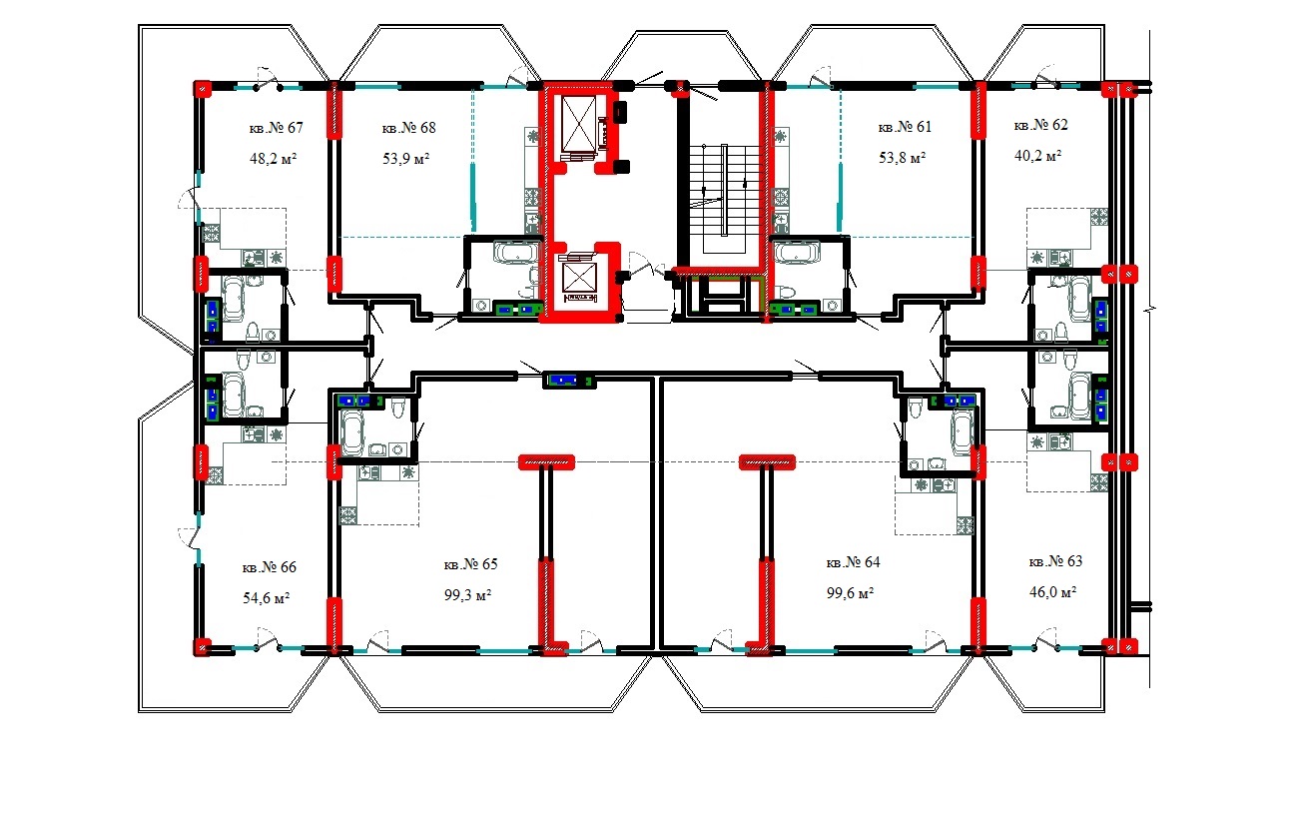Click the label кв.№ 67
(x=275, y=128)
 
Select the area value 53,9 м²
(x=405, y=159)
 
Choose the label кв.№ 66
(x=269, y=567)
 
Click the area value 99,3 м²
(x=468, y=594)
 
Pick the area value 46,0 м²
(x=1052, y=592)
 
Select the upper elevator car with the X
(x=577, y=125)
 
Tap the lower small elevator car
(x=579, y=277)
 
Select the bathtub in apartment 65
(x=355, y=431)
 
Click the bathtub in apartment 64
(x=962, y=432)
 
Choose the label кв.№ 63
(x=1055, y=561)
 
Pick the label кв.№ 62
(x=1040, y=125)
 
